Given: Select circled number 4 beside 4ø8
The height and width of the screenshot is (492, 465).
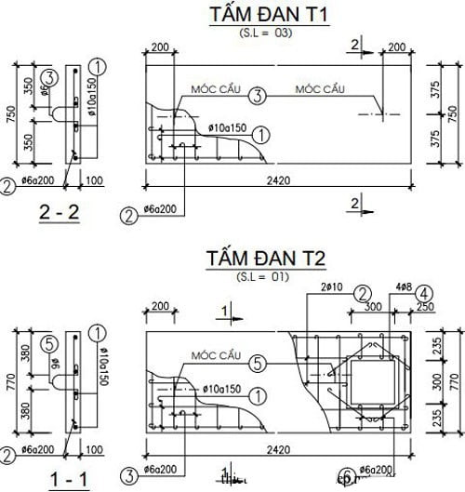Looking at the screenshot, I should [x=423, y=289].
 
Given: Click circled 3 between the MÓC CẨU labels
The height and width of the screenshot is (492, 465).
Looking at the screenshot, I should [x=258, y=95].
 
